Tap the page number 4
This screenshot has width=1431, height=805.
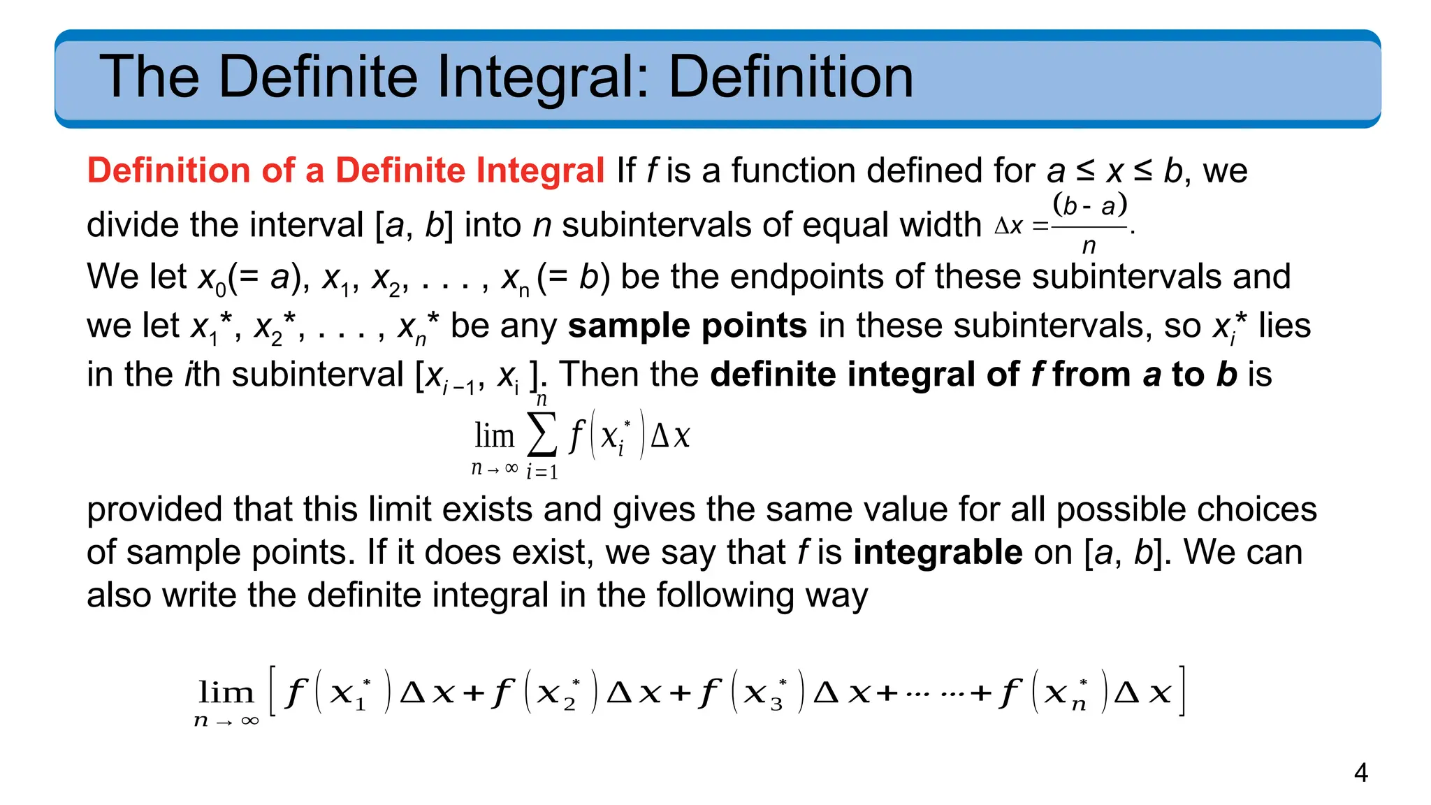coord(1360,773)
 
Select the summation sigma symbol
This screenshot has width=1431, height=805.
coord(542,435)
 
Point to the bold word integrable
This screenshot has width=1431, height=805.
coord(938,552)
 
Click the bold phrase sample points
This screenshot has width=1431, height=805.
coord(688,326)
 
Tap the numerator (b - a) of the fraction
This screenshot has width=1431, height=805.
coord(1089,205)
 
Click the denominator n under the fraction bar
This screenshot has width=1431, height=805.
coord(1089,245)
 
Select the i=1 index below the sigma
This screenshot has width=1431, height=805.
coord(542,472)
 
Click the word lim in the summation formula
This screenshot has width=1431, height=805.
coord(494,436)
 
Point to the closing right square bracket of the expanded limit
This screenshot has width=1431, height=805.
coord(1182,691)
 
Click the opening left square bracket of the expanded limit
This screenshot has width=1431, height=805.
coord(273,691)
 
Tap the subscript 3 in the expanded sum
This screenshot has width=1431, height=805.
coord(776,704)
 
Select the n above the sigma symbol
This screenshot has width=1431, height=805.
coord(542,400)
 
